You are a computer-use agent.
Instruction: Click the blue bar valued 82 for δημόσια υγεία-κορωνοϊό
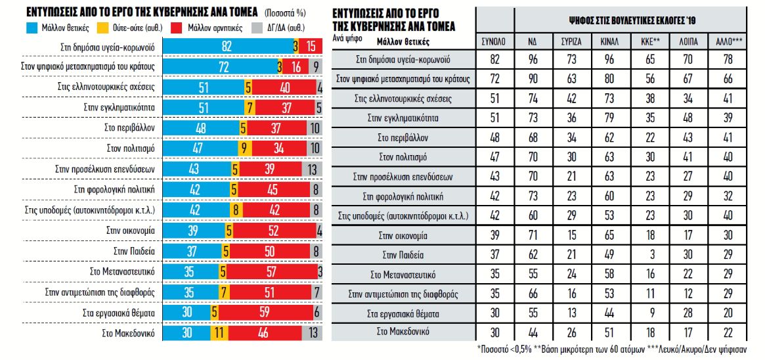point(227,47)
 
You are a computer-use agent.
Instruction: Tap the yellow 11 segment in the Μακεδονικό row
point(220,333)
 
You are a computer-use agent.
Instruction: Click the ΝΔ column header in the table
point(536,41)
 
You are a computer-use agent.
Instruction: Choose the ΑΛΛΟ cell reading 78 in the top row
point(728,60)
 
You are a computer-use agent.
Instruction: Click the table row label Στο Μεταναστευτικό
point(404,273)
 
